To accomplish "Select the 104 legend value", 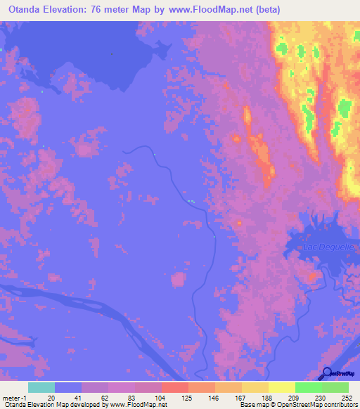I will click(x=160, y=398).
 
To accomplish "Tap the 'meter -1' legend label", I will click(x=13, y=398).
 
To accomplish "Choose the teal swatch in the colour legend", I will click(x=41, y=387).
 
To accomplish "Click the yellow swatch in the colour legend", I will click(x=281, y=387).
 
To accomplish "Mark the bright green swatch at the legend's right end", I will click(x=335, y=387).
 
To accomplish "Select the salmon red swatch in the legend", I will click(x=174, y=387).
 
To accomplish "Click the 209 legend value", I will click(x=281, y=398).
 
